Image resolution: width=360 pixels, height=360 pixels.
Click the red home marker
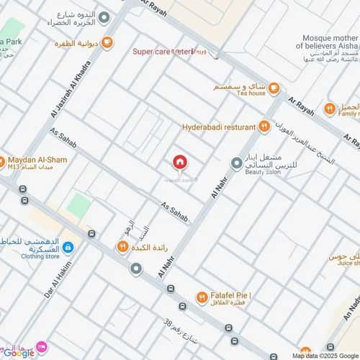click(180, 163)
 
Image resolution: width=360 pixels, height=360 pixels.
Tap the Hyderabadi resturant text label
click(219, 127)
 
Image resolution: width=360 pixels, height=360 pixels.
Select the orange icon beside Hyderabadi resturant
click(264, 127)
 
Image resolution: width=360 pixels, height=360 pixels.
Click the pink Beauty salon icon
click(236, 163)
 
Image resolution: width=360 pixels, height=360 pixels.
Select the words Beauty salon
click(263, 172)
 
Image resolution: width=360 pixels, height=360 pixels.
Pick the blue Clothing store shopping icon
click(68, 248)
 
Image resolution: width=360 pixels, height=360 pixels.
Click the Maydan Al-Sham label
click(36, 160)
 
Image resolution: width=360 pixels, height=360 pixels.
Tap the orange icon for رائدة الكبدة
click(122, 247)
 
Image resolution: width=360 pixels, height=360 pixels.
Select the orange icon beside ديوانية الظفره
click(107, 43)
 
